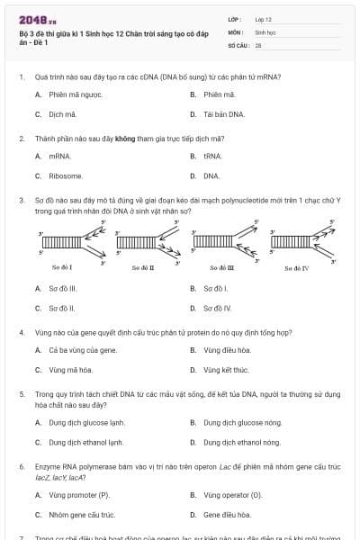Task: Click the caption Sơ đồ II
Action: tap(142, 266)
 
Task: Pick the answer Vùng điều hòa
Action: tap(227, 349)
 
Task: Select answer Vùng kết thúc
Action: tap(226, 370)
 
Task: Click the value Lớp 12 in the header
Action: tap(263, 18)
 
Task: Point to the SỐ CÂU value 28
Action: tap(258, 44)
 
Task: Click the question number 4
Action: tap(21, 332)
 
